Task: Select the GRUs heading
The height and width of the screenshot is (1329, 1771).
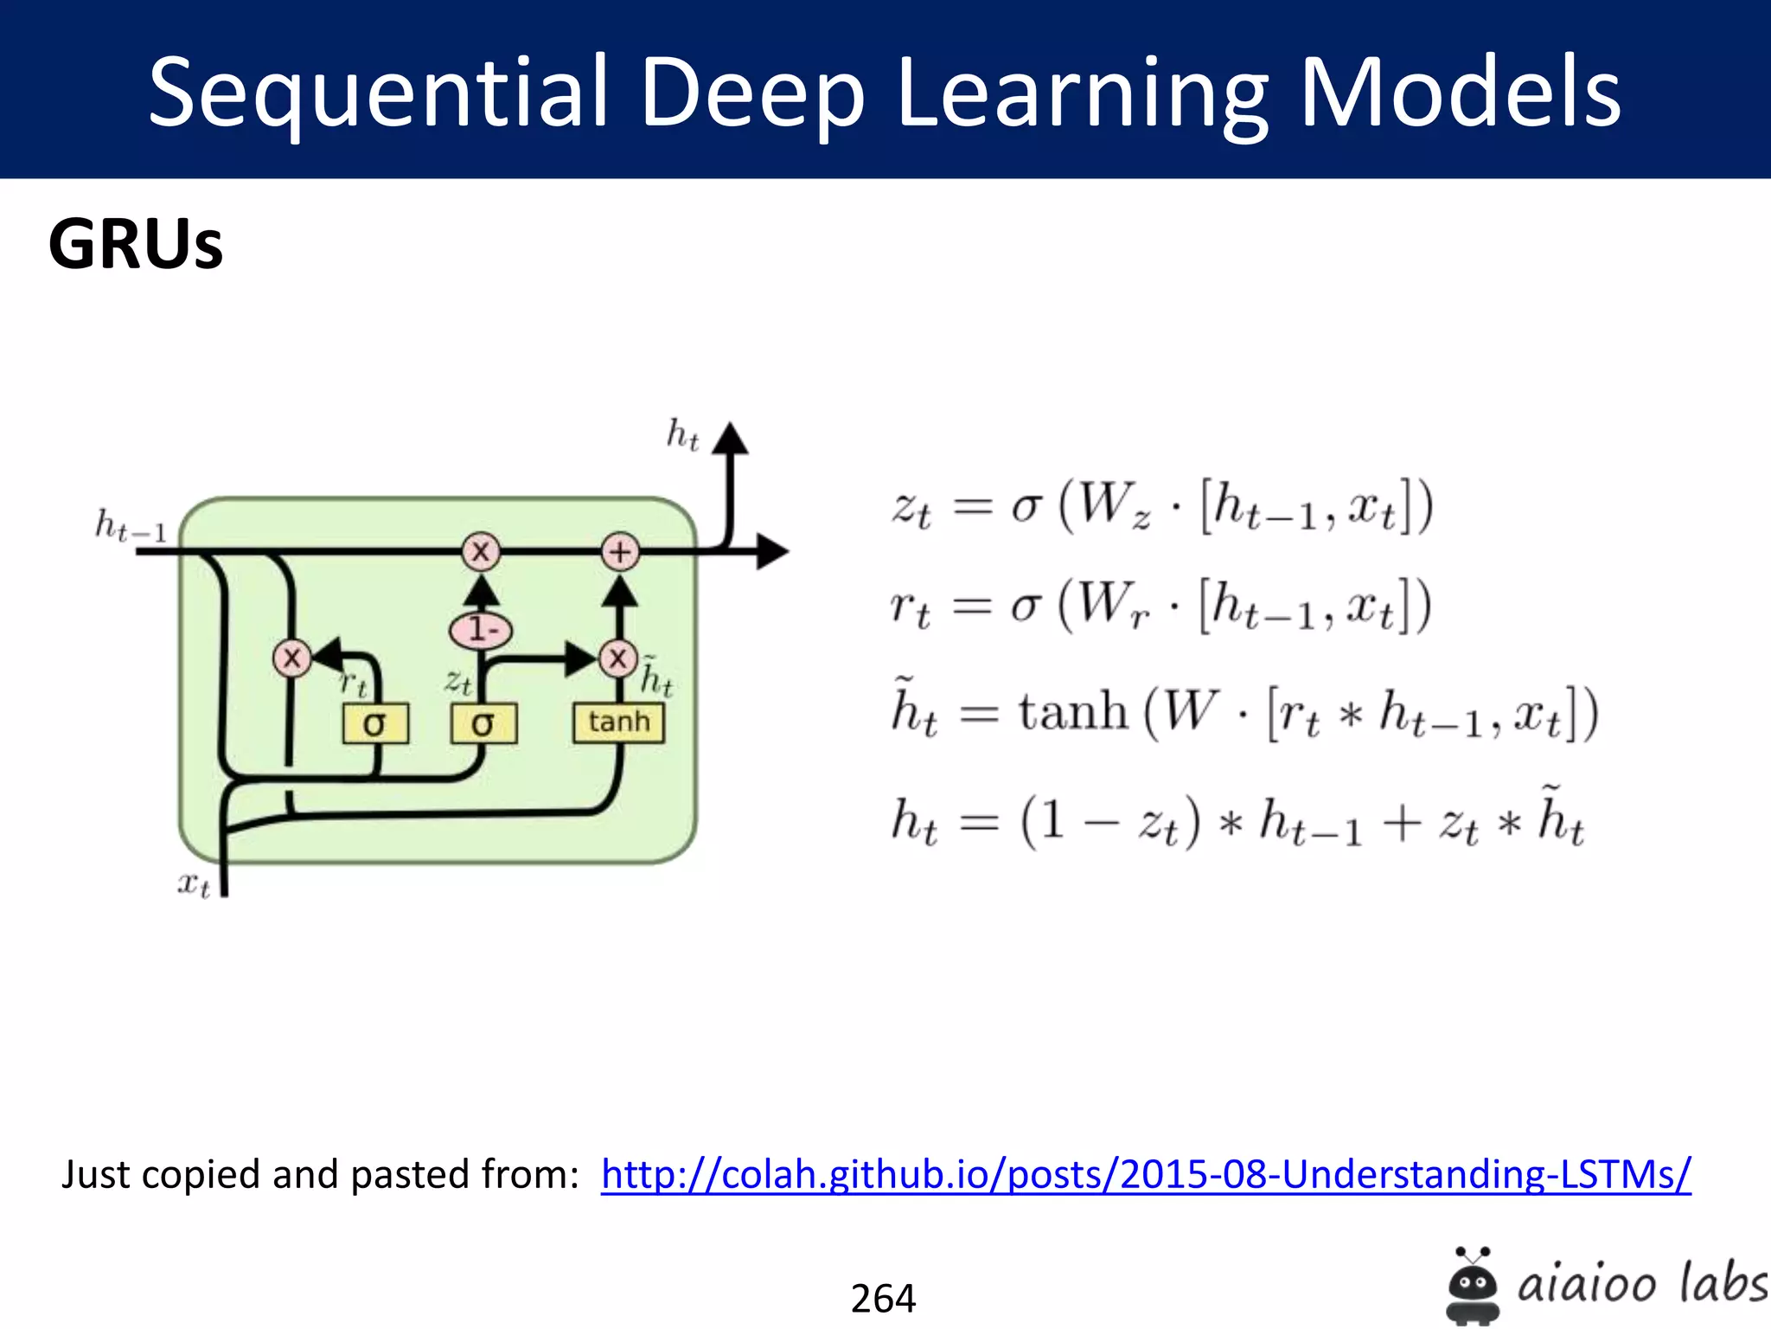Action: pos(136,245)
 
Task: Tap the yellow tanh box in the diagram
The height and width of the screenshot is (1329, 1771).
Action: pos(618,722)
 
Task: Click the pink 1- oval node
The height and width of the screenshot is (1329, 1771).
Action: pos(481,630)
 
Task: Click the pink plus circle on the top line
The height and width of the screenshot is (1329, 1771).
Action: pos(620,551)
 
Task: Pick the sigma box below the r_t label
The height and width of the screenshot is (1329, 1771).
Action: pos(375,723)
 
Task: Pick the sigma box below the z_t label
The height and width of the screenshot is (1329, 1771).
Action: pos(483,723)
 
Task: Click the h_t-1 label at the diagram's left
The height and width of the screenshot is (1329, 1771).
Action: pos(131,524)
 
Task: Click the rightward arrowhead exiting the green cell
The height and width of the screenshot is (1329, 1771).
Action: pos(772,551)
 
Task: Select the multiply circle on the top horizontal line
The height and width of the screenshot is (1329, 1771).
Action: pos(481,551)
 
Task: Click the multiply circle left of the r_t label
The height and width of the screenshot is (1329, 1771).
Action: pos(292,658)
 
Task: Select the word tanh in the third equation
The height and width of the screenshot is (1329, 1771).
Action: pos(1073,713)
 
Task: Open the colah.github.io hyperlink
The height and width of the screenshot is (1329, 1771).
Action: pos(1145,1175)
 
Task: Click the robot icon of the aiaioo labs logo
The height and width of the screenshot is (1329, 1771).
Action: pos(1473,1285)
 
